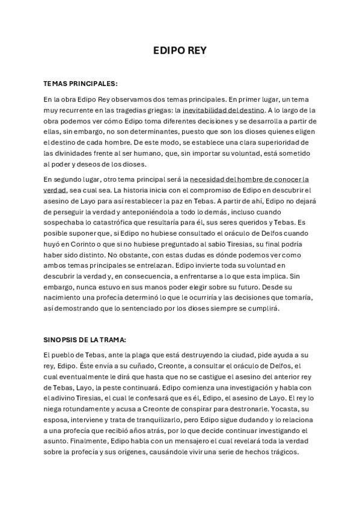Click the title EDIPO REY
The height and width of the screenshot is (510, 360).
pyautogui.click(x=180, y=52)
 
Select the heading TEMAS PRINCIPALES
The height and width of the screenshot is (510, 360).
pyautogui.click(x=81, y=83)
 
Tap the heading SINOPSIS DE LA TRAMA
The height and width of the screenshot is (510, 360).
pyautogui.click(x=84, y=339)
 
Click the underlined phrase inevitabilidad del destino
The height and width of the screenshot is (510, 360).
pyautogui.click(x=215, y=110)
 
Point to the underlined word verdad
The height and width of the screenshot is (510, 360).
pyautogui.click(x=55, y=189)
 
